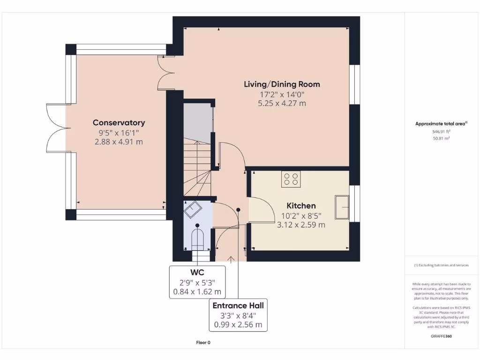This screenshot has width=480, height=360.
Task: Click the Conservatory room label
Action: pos(119,123)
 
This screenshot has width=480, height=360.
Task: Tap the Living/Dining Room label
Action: pos(282,84)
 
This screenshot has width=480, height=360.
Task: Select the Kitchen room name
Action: pos(301,206)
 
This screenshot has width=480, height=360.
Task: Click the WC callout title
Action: pos(197,272)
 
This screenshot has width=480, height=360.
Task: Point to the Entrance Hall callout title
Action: pos(238,306)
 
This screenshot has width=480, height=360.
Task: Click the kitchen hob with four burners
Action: pos(291,179)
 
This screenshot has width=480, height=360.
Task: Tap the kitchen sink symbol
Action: pos(342,207)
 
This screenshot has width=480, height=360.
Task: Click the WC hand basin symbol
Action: pos(193,210)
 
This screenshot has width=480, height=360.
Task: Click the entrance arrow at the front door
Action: pos(231,260)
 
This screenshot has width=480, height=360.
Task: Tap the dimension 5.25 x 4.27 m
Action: pos(282,104)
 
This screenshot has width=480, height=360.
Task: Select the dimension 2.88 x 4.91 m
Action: pos(119,142)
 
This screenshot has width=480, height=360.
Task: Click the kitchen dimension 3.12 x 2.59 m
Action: pos(301,225)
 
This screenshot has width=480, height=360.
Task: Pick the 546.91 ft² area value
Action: pos(441,132)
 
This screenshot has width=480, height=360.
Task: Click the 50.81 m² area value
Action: pos(441,138)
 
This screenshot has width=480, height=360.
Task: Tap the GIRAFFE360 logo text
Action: pos(441,336)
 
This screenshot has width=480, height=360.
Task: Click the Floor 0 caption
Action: pos(203,343)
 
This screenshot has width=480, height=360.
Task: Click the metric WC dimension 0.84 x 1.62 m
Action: pos(197,292)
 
